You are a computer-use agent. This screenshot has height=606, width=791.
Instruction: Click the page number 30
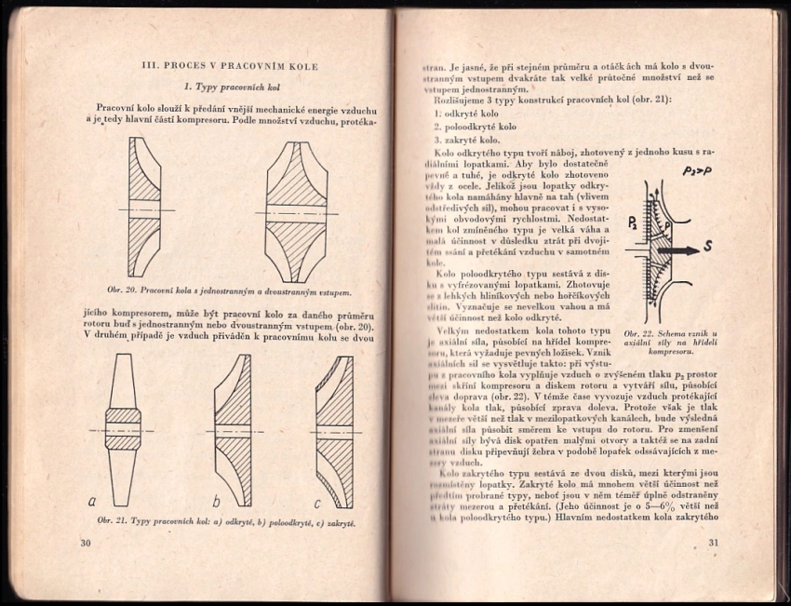(x=85, y=543)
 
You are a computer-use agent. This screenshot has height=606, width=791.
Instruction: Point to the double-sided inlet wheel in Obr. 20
(x=296, y=212)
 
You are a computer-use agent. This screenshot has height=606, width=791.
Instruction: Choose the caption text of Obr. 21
(x=220, y=522)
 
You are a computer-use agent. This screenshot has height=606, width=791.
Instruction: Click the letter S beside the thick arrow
(x=734, y=249)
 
